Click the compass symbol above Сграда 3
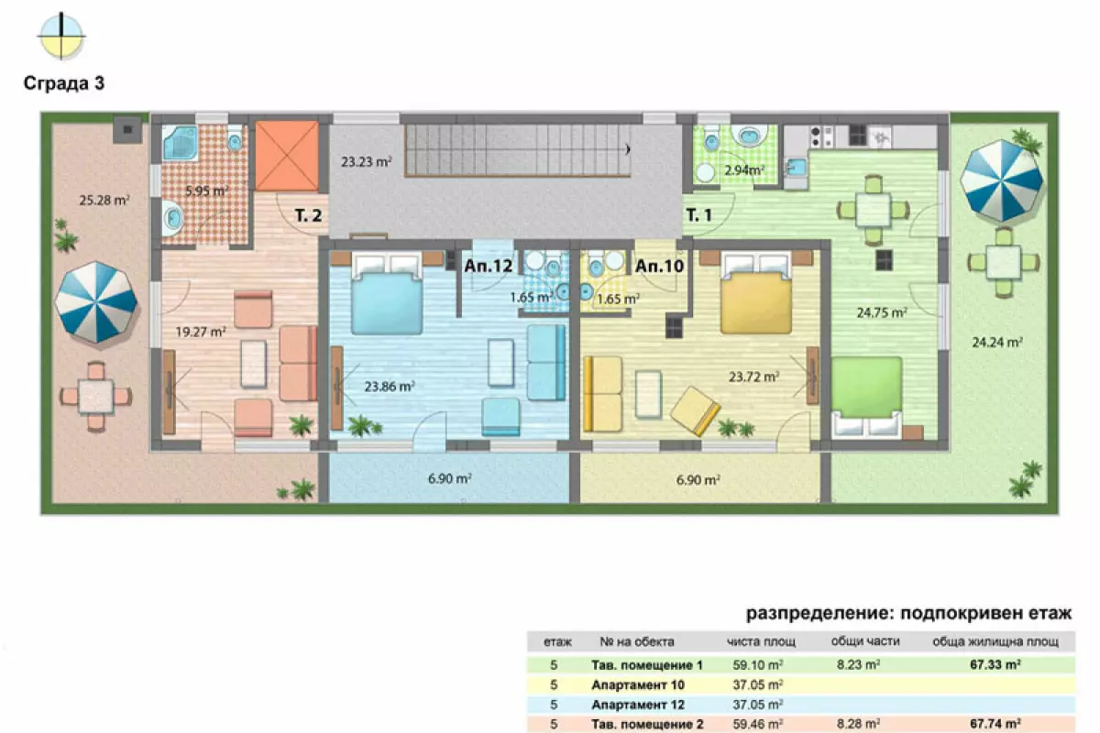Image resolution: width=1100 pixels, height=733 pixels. (x=61, y=36)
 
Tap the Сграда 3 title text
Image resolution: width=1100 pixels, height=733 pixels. (x=64, y=83)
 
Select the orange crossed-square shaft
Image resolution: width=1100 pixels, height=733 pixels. (x=287, y=156)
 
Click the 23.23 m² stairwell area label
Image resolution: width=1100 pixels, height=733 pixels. (x=367, y=161)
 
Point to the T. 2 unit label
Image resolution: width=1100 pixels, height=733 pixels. (x=308, y=215)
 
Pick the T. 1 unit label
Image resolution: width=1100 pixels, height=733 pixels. (x=698, y=215)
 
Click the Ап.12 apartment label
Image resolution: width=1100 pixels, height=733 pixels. (x=488, y=266)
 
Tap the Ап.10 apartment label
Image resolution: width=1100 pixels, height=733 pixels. (x=659, y=266)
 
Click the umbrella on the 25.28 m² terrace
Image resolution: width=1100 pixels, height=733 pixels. (x=95, y=302)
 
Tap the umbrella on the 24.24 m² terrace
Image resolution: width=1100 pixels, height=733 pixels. (x=1002, y=181)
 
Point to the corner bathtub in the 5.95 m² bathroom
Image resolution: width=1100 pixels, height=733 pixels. (x=181, y=143)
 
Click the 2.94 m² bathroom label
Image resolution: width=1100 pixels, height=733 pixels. (x=744, y=170)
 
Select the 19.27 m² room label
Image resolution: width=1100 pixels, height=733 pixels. (x=201, y=332)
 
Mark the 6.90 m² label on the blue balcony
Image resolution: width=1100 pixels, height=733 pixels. (x=450, y=478)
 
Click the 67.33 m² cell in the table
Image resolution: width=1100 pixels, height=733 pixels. (x=995, y=665)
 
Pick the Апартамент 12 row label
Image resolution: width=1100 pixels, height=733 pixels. (x=638, y=705)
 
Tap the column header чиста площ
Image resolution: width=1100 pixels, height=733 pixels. (x=761, y=641)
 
